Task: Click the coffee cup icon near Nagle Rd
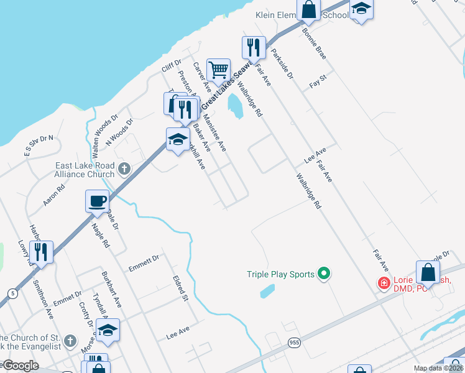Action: tap(96, 201)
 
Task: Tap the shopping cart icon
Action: tap(218, 70)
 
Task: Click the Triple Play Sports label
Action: tap(280, 274)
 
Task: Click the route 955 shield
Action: tap(294, 342)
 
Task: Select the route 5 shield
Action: tap(12, 292)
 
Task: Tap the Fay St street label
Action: tap(318, 81)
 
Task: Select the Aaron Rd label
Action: tap(54, 196)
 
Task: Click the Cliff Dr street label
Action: tap(170, 65)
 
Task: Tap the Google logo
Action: tap(20, 366)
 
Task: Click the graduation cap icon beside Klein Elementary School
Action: tap(361, 9)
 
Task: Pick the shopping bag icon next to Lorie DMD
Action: tap(428, 272)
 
